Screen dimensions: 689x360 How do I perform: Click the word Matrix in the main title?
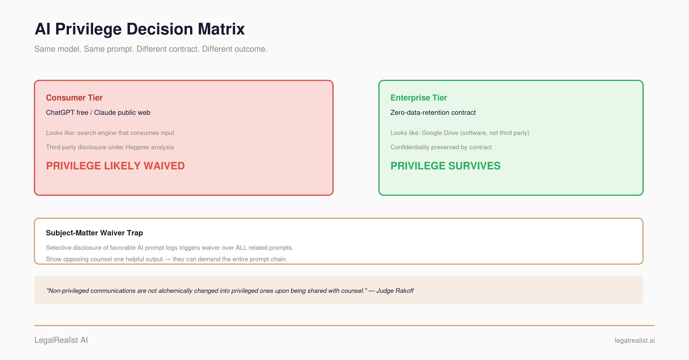pos(221,29)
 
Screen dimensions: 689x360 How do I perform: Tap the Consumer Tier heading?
pos(74,98)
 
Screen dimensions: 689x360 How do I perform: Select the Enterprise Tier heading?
pos(419,98)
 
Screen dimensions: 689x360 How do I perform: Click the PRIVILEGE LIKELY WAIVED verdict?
pos(115,166)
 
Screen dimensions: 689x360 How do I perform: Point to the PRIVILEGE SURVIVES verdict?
pos(445,166)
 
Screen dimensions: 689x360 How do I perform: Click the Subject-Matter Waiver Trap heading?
pos(94,233)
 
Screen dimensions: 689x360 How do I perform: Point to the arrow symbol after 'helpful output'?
pos(168,259)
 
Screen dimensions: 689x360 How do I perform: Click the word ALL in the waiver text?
pos(241,248)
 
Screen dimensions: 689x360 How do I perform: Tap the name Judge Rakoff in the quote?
pos(395,291)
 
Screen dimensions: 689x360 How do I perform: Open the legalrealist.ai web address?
pos(634,340)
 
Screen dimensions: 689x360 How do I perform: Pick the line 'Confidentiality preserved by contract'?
pos(441,147)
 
